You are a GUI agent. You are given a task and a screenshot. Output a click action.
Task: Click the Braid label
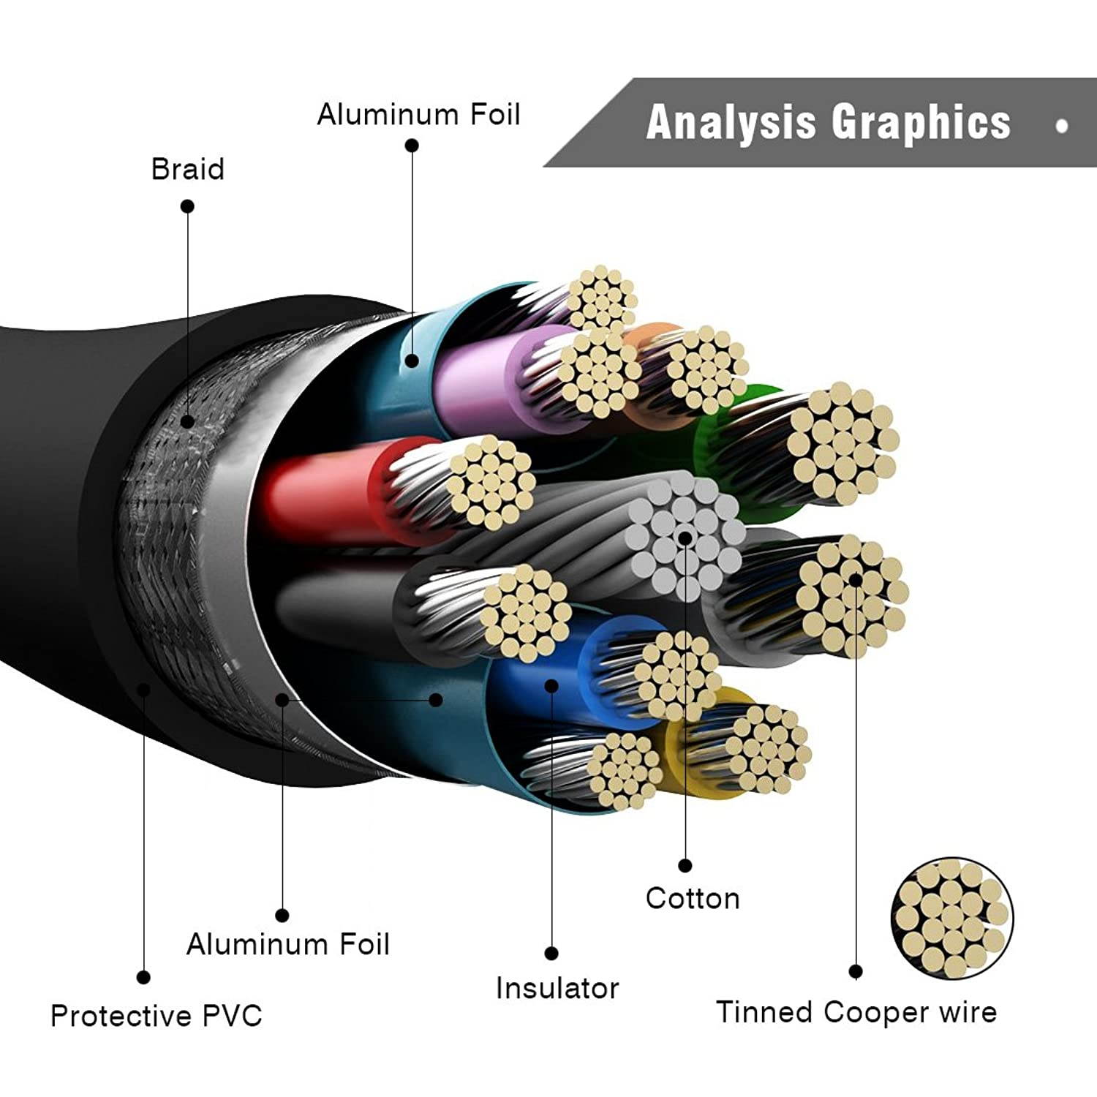[x=187, y=169]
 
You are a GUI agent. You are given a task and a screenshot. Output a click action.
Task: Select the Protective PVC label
[x=156, y=1015]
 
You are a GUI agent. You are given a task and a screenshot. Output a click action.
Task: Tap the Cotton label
[x=692, y=898]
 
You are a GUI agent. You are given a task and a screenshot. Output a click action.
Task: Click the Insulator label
[x=557, y=988]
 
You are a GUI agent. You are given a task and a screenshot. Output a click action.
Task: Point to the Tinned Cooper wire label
[x=856, y=1012]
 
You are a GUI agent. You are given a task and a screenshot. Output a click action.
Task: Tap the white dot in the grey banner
[x=1061, y=126]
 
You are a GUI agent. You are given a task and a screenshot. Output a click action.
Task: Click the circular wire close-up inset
[x=951, y=919]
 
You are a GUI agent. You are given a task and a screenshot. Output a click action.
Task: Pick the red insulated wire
[x=322, y=490]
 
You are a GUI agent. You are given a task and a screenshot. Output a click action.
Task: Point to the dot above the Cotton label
[x=685, y=866]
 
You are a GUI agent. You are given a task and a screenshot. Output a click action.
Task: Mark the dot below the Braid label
[x=187, y=206]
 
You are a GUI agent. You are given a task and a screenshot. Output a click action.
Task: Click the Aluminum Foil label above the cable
[x=418, y=115]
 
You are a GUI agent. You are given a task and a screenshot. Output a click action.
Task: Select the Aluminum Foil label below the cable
[x=287, y=944]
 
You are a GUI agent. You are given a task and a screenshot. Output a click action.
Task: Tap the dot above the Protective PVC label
[x=144, y=977]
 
